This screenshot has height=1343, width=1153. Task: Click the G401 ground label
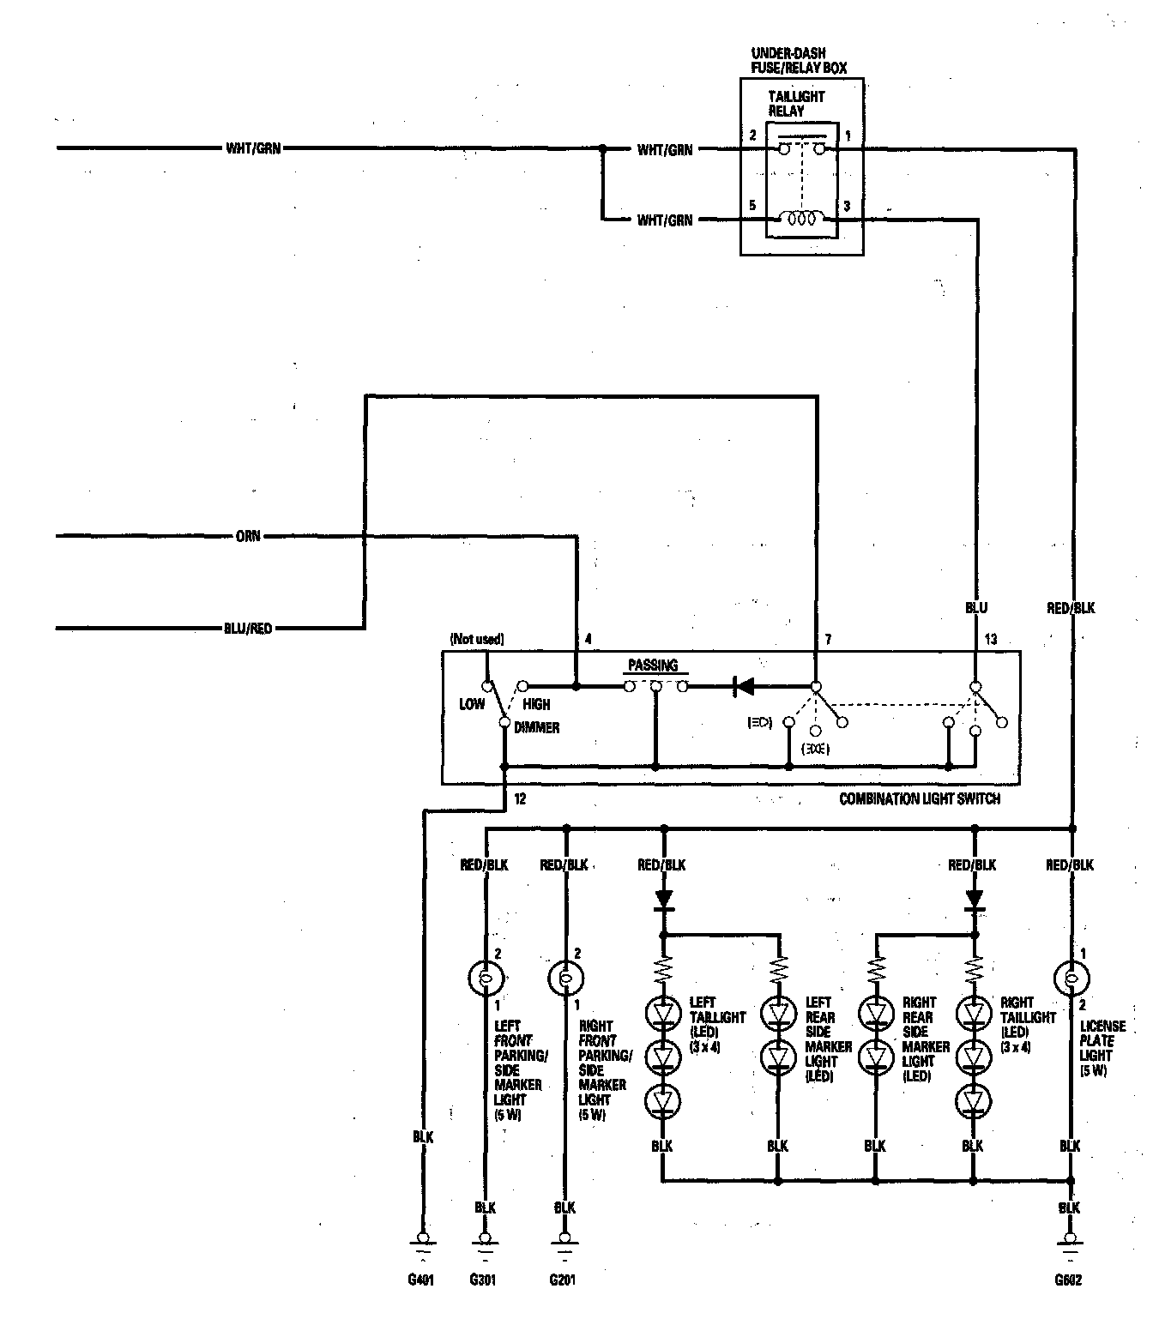click(420, 1281)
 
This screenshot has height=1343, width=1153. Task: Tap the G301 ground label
click(483, 1281)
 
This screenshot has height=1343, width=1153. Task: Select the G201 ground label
click(564, 1281)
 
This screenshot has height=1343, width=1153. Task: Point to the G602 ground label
click(1069, 1281)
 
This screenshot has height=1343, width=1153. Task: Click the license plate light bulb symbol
click(1070, 977)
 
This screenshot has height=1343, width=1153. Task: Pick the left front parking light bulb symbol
click(486, 977)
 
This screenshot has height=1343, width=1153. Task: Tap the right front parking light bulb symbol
click(564, 977)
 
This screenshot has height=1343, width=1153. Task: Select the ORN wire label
click(248, 537)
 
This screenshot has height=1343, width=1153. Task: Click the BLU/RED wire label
click(247, 629)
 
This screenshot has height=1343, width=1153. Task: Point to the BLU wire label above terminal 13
click(976, 608)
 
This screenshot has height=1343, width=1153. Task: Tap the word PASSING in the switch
click(653, 665)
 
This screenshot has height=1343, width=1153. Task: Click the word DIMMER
click(537, 727)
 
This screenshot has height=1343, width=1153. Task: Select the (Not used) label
click(476, 639)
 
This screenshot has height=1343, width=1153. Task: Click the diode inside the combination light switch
click(745, 686)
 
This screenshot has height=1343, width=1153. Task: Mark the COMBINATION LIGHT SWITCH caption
click(920, 798)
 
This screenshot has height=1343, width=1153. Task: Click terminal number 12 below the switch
click(520, 799)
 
